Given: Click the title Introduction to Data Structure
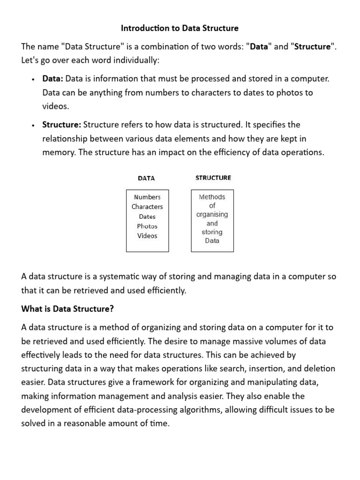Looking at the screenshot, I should tap(180, 28).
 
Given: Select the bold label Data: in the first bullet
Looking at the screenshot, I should tap(52, 79).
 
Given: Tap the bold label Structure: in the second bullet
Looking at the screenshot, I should tap(62, 125).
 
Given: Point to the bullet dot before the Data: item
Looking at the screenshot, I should tap(32, 79).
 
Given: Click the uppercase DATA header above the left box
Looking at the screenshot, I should tap(146, 178).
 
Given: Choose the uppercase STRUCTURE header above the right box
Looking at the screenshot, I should tap(213, 178).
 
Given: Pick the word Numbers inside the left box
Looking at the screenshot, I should tap(147, 197).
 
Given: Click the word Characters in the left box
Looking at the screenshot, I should tap(147, 207).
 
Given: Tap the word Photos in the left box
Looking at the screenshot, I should tap(147, 226).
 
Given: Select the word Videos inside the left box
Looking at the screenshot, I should tap(147, 236).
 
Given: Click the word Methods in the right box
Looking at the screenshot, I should tap(212, 197).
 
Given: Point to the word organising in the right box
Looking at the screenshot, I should tap(212, 214).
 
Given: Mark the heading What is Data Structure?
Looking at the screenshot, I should tap(67, 309).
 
